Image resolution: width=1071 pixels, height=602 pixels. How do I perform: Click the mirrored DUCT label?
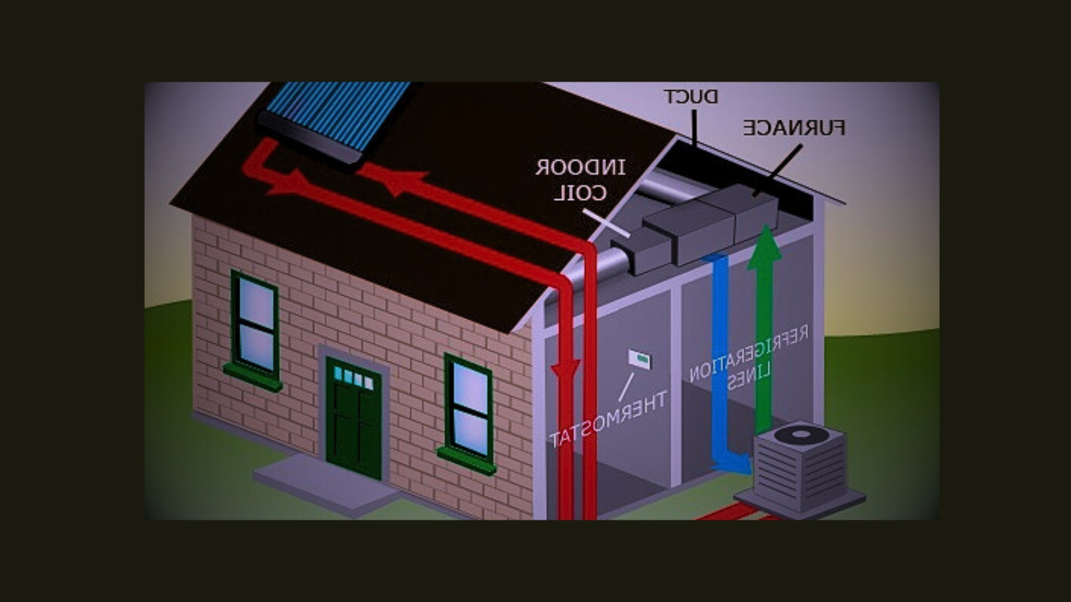pos(691,97)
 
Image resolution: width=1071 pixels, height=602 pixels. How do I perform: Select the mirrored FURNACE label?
pos(794,128)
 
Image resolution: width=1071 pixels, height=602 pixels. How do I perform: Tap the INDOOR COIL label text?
pos(580,180)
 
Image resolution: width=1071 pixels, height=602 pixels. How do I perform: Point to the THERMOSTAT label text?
pos(608,419)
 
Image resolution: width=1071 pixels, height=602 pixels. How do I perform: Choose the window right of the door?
pos(469,409)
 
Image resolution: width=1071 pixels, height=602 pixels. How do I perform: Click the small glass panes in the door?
pos(354,377)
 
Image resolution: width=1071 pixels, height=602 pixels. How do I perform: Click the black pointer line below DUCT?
pos(693,127)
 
